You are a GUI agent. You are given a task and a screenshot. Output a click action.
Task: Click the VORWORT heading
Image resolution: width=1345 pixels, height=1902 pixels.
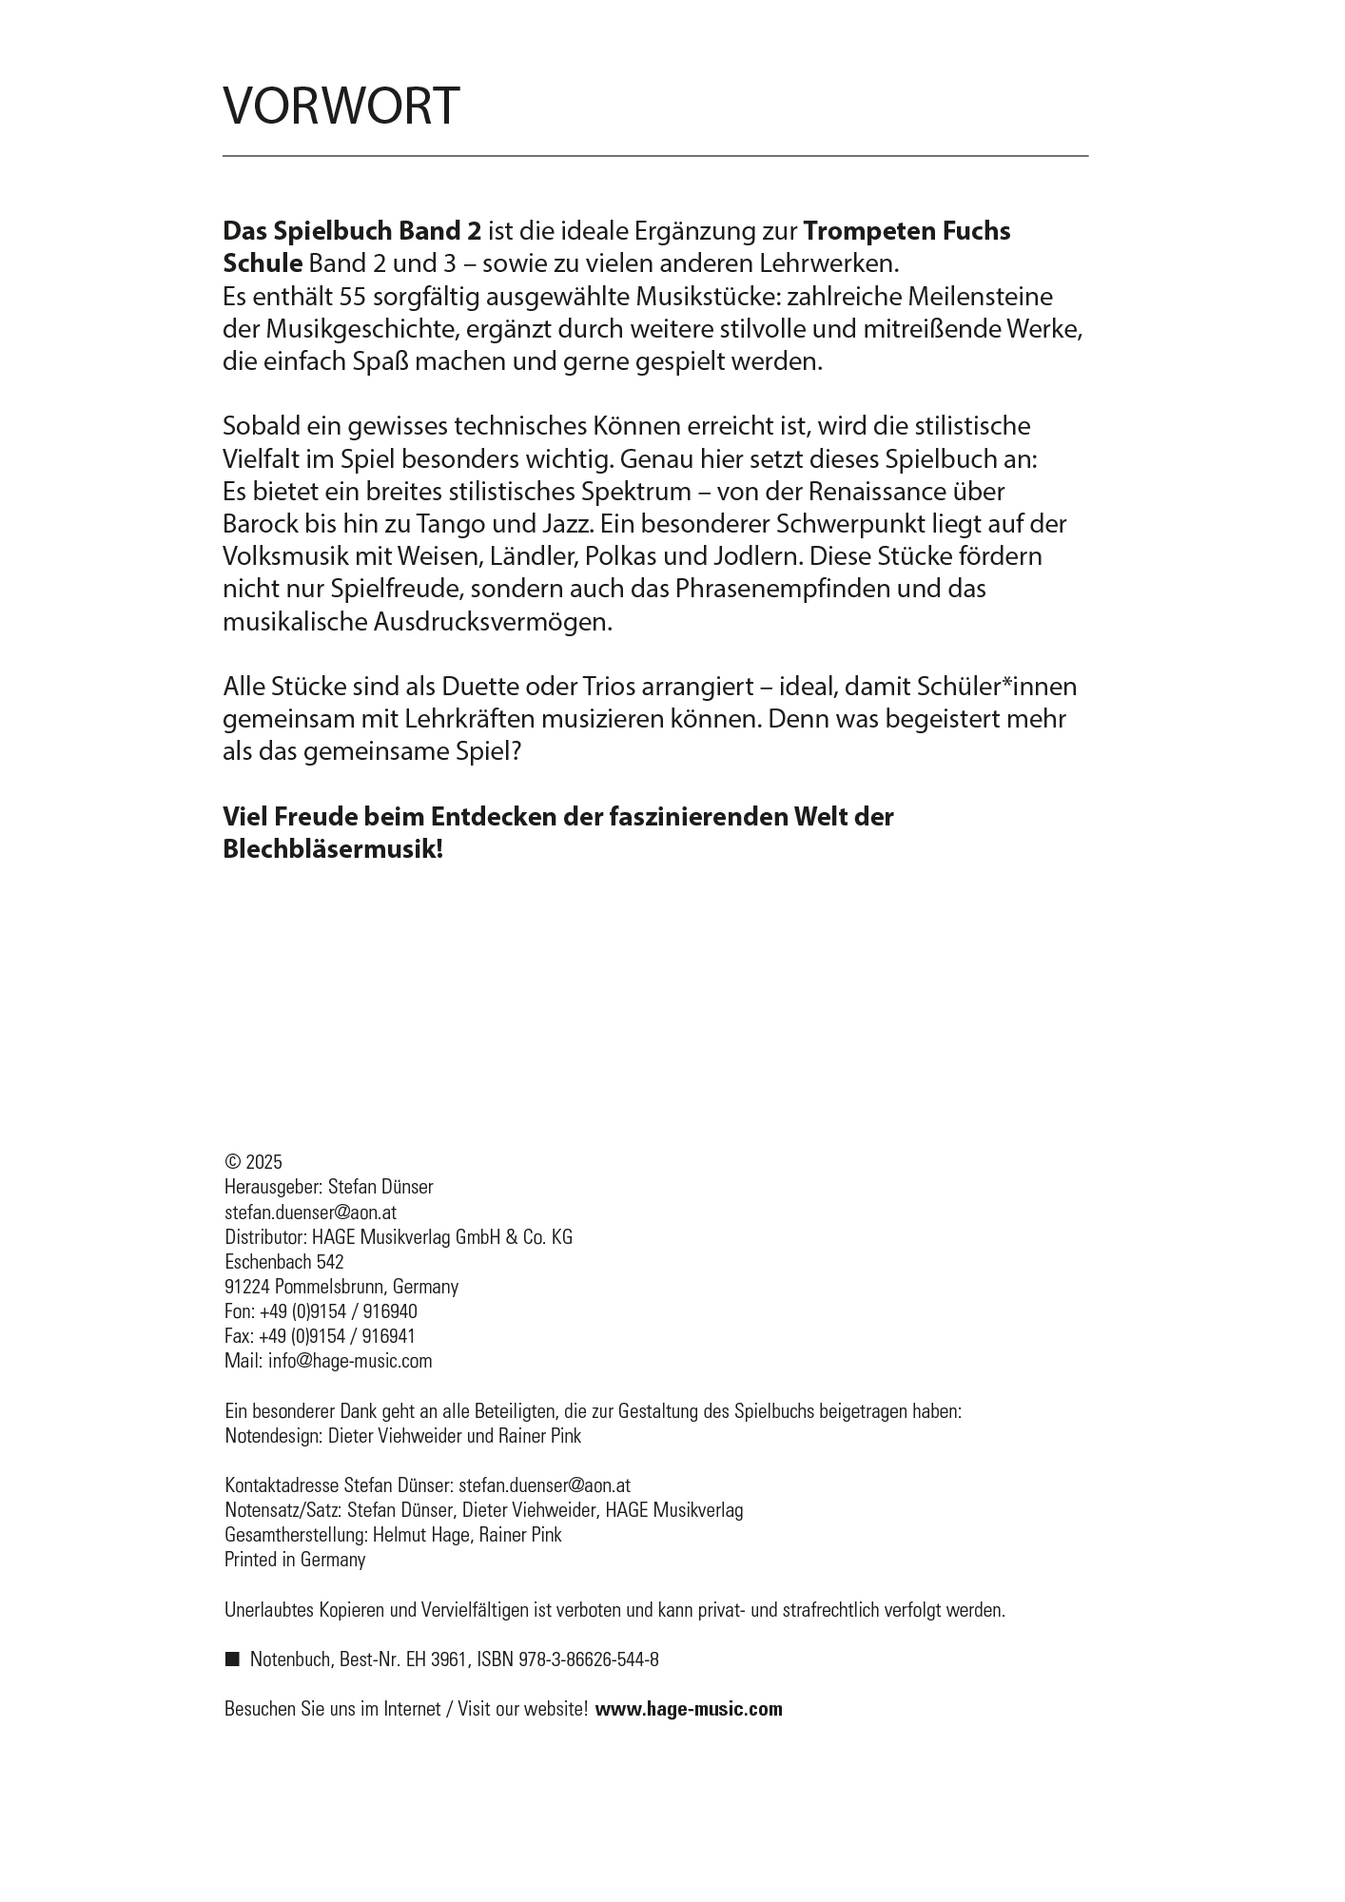(x=341, y=106)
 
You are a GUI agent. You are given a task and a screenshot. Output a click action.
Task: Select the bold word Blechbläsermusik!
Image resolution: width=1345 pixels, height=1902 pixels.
(x=333, y=849)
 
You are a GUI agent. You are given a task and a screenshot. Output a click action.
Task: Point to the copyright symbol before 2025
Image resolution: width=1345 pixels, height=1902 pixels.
(x=232, y=1162)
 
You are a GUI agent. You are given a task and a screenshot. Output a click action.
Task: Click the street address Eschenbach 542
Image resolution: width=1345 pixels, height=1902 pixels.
(x=283, y=1262)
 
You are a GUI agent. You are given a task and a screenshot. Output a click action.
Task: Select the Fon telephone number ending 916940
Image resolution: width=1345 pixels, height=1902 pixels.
(x=338, y=1311)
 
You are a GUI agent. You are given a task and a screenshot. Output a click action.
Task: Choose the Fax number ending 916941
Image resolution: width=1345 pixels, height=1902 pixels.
(x=337, y=1336)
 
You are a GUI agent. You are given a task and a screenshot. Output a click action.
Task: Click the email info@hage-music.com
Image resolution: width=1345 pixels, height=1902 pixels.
(x=350, y=1361)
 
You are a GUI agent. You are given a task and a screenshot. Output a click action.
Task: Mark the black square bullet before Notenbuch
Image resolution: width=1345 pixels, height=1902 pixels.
(x=231, y=1659)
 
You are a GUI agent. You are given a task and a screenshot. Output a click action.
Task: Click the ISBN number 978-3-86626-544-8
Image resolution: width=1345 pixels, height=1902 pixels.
(x=589, y=1659)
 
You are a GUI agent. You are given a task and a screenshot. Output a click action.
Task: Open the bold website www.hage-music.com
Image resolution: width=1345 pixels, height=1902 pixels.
(x=689, y=1709)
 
